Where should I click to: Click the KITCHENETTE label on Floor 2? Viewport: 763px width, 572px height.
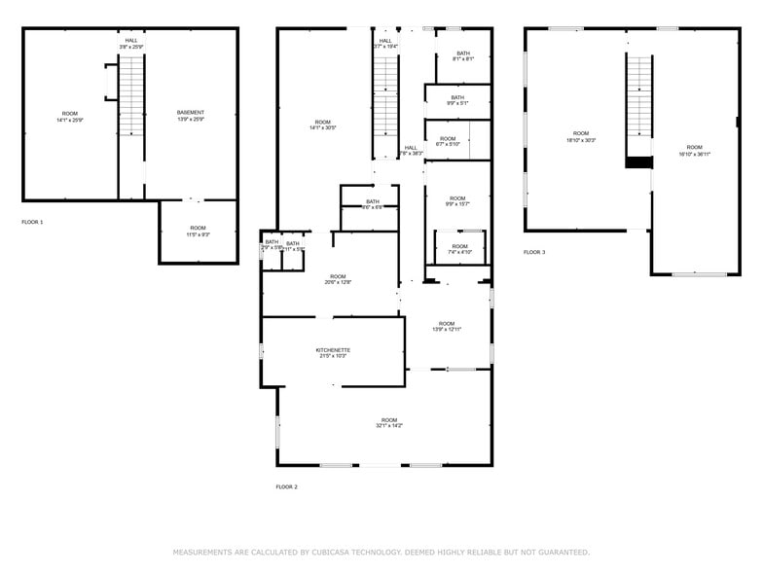click(333, 350)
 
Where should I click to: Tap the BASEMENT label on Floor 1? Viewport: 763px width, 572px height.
click(191, 113)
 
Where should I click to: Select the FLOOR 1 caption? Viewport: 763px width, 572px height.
click(32, 223)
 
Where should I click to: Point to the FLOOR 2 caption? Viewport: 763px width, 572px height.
click(286, 486)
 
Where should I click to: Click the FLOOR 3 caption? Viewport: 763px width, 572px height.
click(534, 252)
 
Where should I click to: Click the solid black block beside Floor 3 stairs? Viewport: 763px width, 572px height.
click(638, 162)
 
